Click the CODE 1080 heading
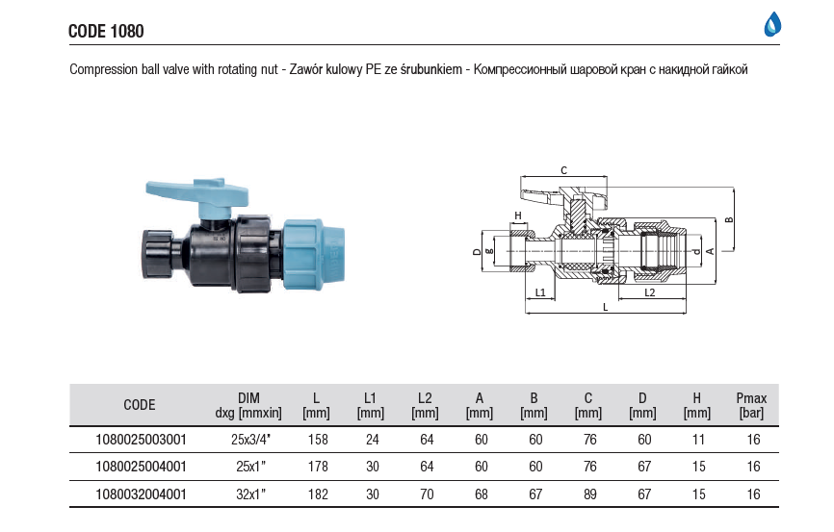[x=106, y=31]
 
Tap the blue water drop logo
[x=772, y=25]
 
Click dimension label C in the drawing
[x=562, y=170]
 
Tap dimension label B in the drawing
[x=729, y=220]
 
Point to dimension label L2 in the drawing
[x=649, y=291]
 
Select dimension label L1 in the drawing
[x=539, y=291]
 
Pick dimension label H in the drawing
[x=517, y=215]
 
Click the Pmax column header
[x=750, y=405]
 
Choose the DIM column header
[x=248, y=405]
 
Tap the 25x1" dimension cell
[x=248, y=468]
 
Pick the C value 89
[x=587, y=494]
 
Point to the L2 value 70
[x=424, y=494]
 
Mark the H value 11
[x=696, y=440]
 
